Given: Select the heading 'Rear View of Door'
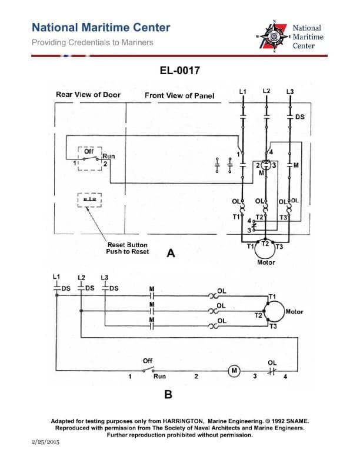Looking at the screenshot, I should coord(88,95).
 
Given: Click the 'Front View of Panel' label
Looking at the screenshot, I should coord(179,95).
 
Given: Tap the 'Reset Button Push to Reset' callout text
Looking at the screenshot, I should coord(127,248).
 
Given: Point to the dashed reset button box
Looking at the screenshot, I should coord(89,200).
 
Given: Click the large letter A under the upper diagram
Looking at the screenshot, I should coord(171,254).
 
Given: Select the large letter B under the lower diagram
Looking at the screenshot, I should coord(168,395).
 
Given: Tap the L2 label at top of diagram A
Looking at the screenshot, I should coord(266,91).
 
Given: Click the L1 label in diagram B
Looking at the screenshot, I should coord(56,276).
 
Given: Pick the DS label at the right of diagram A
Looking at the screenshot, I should coord(300,116).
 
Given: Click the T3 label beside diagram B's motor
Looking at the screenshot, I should coord(273,327).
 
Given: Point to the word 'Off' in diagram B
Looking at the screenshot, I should coord(148,360).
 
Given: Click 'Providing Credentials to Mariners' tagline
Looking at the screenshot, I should coord(92,42).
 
